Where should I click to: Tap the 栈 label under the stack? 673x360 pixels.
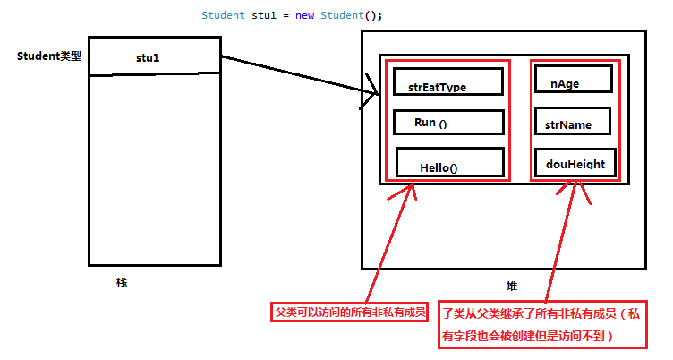point(122,283)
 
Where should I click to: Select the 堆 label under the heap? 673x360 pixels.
point(512,286)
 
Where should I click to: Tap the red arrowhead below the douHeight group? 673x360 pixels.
point(578,190)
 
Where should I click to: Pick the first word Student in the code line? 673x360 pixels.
point(224,15)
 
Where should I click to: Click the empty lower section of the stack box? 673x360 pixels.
point(154,170)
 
